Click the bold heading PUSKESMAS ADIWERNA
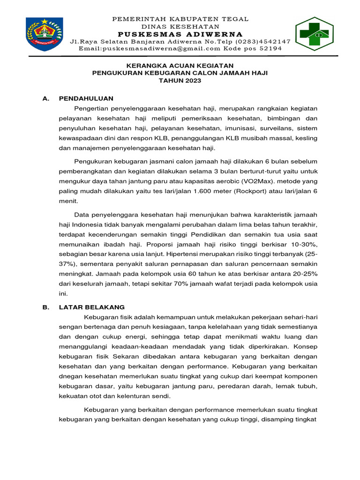click(180, 34)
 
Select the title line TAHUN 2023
click(180, 81)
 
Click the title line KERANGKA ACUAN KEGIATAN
click(180, 66)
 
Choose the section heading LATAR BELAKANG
click(92, 307)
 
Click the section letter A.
click(45, 98)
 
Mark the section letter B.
click(45, 307)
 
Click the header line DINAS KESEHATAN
click(180, 27)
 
